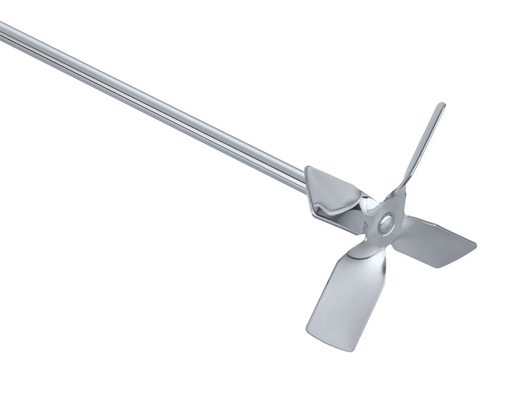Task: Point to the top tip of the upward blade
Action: [x=441, y=105]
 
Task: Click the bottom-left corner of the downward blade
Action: [x=309, y=330]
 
